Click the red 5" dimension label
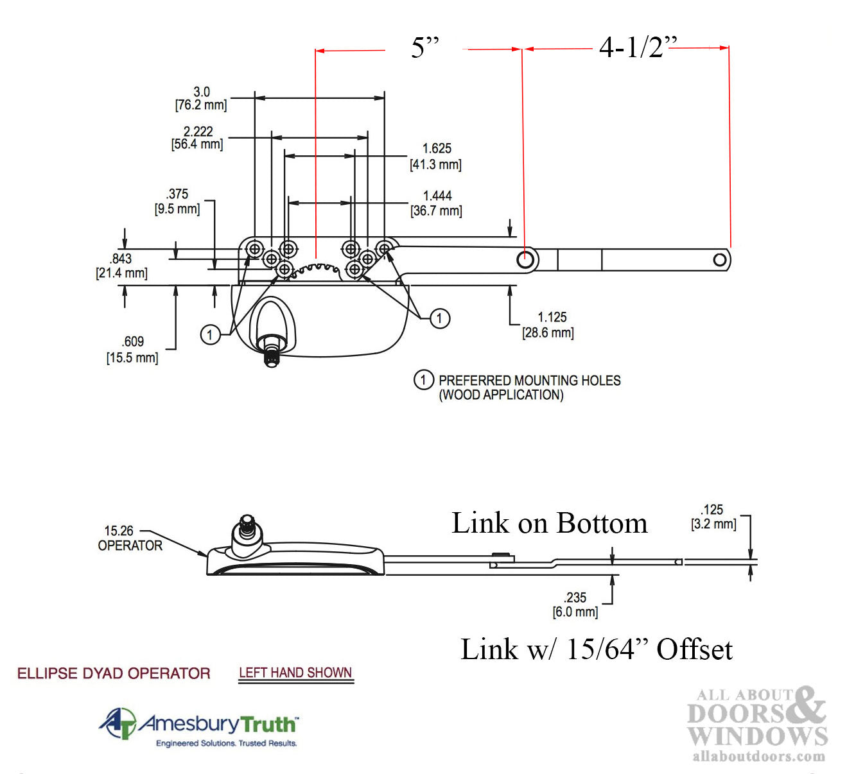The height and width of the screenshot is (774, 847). (424, 47)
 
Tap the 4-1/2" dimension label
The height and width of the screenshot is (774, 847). (636, 47)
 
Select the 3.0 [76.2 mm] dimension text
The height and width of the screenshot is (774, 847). (201, 98)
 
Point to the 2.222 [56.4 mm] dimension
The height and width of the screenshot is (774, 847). (197, 137)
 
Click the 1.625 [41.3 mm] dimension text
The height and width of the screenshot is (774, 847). (436, 156)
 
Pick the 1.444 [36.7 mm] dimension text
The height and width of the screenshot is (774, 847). (437, 203)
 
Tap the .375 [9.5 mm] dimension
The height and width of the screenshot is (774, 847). (177, 201)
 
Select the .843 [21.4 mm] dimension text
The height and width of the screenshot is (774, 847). (121, 266)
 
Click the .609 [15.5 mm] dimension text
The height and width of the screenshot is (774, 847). (132, 349)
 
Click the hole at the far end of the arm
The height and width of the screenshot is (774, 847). (720, 259)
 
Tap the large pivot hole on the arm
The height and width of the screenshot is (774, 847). (525, 259)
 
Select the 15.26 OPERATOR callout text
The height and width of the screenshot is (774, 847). (130, 538)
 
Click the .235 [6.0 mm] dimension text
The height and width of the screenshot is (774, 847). (575, 605)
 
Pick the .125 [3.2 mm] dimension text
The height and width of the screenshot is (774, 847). (713, 517)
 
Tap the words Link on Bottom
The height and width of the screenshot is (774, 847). (549, 523)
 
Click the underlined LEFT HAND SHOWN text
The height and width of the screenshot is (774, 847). (295, 673)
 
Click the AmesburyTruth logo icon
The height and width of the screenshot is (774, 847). (118, 723)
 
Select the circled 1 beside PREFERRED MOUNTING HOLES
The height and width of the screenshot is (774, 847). (423, 380)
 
